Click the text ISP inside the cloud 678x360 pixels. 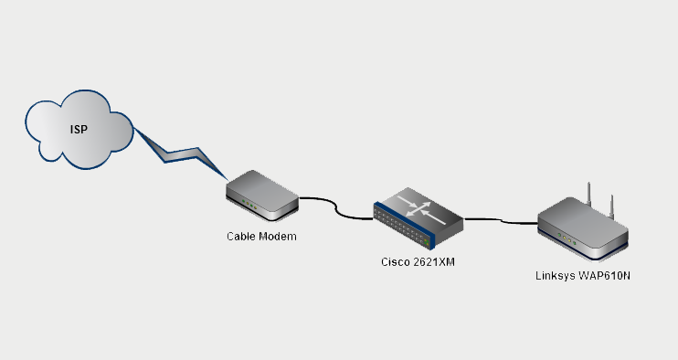pos(79,130)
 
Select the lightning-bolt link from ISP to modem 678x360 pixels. pos(183,153)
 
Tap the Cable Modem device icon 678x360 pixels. pos(262,196)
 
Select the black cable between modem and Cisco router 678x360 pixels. pos(336,208)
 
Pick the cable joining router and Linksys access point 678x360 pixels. pos(501,219)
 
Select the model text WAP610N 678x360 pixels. pos(604,275)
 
